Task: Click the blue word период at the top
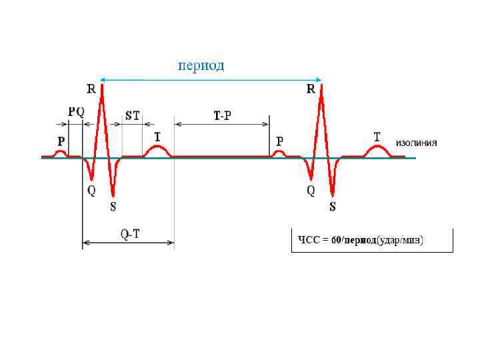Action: [x=200, y=65]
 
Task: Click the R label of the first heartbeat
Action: [x=91, y=89]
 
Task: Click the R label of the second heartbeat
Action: [x=311, y=89]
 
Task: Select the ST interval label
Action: [x=133, y=114]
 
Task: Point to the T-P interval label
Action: [x=223, y=115]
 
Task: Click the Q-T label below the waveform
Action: [x=129, y=234]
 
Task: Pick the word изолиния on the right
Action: [x=417, y=143]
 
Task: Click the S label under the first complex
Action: [x=113, y=207]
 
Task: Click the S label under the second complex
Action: [x=333, y=207]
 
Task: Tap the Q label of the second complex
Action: [x=311, y=191]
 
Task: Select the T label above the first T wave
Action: [x=157, y=135]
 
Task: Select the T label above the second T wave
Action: [x=377, y=135]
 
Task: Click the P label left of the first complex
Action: [x=61, y=141]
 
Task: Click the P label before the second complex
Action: [x=279, y=141]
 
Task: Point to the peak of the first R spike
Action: [x=102, y=83]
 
